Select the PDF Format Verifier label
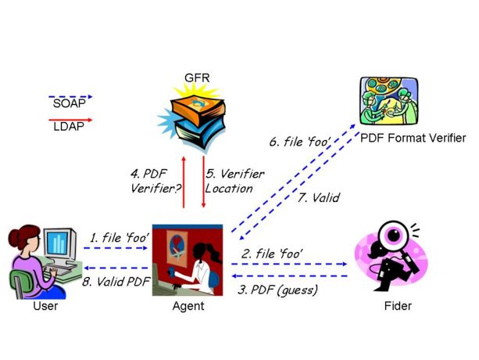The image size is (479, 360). (413, 138)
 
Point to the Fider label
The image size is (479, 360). (398, 305)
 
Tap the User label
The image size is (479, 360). (45, 305)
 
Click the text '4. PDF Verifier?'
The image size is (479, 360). (152, 180)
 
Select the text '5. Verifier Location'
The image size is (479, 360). (231, 181)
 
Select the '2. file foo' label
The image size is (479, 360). (272, 254)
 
